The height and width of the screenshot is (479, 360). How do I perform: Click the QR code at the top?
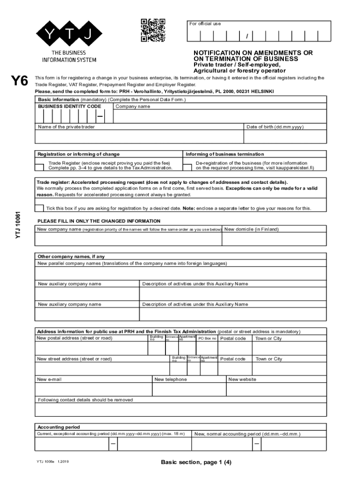tap(153, 30)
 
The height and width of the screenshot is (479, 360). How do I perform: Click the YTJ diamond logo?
tap(69, 33)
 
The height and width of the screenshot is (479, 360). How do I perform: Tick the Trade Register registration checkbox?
tap(40, 166)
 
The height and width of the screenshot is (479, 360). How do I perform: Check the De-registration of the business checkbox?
tap(187, 166)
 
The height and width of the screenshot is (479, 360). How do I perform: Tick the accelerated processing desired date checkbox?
tap(40, 208)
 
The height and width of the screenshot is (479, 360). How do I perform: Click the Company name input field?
tap(220, 116)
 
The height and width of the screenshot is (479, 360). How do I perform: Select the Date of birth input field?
tap(285, 137)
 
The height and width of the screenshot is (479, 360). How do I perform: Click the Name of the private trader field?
tap(139, 137)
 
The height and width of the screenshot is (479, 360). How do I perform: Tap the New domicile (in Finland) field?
tap(274, 239)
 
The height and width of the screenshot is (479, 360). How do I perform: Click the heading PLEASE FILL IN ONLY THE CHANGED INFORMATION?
tap(99, 221)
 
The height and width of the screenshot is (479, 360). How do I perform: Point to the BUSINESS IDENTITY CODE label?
tap(70, 106)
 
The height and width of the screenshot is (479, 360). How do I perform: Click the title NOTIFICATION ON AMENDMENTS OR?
tap(253, 53)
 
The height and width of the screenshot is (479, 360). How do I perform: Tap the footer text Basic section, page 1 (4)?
tap(196, 463)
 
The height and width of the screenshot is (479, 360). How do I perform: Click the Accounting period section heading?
tap(58, 427)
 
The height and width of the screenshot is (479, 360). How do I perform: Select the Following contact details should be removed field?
tap(180, 410)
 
